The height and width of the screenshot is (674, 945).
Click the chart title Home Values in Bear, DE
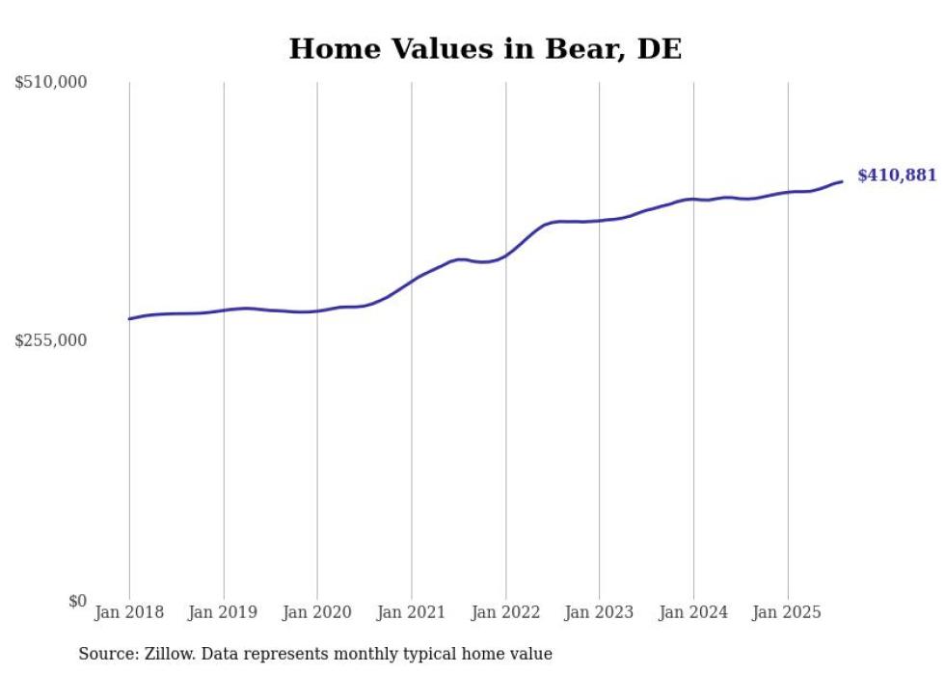click(x=485, y=49)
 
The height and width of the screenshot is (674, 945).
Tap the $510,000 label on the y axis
click(x=51, y=83)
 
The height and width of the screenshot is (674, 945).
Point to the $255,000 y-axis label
click(x=51, y=340)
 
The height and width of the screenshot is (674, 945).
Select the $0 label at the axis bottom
click(x=77, y=601)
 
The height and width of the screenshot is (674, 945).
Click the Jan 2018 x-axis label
click(x=129, y=612)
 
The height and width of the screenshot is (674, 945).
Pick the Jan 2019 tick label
click(x=224, y=612)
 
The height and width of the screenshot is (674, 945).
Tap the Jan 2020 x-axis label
click(x=317, y=612)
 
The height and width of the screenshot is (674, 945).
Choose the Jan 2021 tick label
click(x=412, y=612)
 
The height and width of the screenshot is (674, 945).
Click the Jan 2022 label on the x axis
click(x=505, y=612)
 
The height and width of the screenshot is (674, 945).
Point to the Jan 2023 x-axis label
click(x=600, y=612)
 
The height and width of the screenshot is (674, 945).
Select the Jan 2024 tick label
click(x=693, y=612)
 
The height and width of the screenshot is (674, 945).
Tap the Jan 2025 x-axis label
click(x=788, y=612)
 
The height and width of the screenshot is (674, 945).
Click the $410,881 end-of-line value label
click(x=897, y=175)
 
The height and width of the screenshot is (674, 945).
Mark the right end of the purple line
click(x=843, y=181)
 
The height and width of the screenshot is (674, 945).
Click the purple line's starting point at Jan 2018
click(x=129, y=319)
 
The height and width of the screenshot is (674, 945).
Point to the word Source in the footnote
click(x=106, y=654)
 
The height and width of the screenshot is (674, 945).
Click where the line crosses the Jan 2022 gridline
click(x=505, y=256)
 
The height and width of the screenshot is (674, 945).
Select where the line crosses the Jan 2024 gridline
click(x=693, y=199)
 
